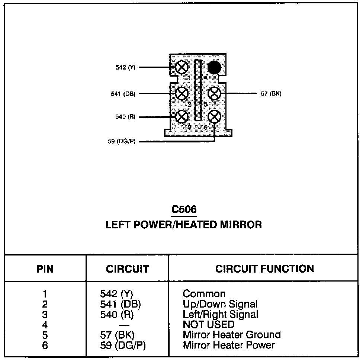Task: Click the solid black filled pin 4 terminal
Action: pyautogui.click(x=214, y=68)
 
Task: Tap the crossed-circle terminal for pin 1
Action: pyautogui.click(x=181, y=68)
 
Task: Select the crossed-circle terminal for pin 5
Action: pyautogui.click(x=214, y=93)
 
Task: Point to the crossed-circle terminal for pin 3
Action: pyautogui.click(x=181, y=117)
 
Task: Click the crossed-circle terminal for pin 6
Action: pyautogui.click(x=214, y=117)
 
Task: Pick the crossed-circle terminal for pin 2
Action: pyautogui.click(x=181, y=93)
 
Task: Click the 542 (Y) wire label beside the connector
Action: pyautogui.click(x=125, y=68)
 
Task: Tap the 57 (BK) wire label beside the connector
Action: pyautogui.click(x=271, y=93)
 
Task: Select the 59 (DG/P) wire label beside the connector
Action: pyautogui.click(x=122, y=142)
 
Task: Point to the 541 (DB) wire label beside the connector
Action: pyautogui.click(x=123, y=93)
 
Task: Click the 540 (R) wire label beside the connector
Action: pyautogui.click(x=125, y=117)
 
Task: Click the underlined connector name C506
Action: pyautogui.click(x=184, y=210)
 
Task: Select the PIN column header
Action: pyautogui.click(x=45, y=269)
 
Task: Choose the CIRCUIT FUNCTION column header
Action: pyautogui.click(x=264, y=269)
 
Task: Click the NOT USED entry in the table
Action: pyautogui.click(x=209, y=324)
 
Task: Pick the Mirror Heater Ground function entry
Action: pyautogui.click(x=232, y=335)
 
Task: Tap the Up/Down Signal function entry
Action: pyautogui.click(x=220, y=304)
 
